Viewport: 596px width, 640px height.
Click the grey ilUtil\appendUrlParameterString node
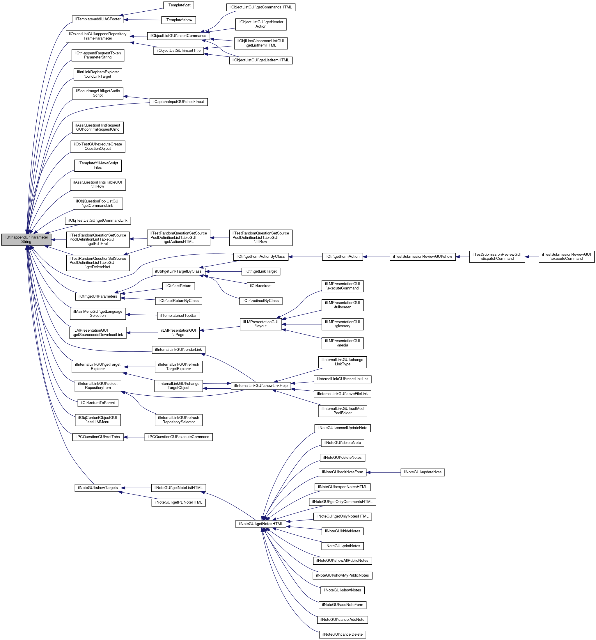(x=26, y=239)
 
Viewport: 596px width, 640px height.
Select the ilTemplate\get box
(x=178, y=6)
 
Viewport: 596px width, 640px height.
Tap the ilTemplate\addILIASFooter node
(x=98, y=19)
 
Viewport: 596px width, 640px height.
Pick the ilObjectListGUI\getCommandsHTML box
(x=260, y=7)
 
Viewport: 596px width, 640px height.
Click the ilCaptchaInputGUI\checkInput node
(x=178, y=102)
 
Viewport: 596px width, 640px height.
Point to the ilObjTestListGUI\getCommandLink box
(x=98, y=221)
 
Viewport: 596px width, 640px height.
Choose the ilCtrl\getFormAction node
(x=342, y=257)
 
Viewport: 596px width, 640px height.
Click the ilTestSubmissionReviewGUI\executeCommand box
(x=566, y=257)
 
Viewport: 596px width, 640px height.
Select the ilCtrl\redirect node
(x=260, y=286)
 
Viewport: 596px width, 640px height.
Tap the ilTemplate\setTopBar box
(x=178, y=316)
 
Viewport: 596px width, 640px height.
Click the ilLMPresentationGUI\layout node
(x=261, y=324)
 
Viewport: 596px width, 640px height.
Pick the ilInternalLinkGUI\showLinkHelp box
(x=261, y=386)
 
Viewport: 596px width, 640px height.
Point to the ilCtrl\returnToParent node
(x=98, y=403)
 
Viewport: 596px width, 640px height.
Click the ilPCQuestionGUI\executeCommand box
(x=178, y=437)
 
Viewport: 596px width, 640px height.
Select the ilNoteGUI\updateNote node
(x=423, y=472)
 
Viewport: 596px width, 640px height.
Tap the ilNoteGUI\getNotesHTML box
(x=261, y=524)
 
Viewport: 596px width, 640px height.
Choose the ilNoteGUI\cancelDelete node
(x=342, y=634)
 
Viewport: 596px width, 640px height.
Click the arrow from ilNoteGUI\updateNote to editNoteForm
(x=383, y=472)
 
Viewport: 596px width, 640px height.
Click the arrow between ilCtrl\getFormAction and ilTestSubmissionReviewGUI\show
(x=376, y=257)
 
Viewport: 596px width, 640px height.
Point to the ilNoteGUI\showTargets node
(x=98, y=488)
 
